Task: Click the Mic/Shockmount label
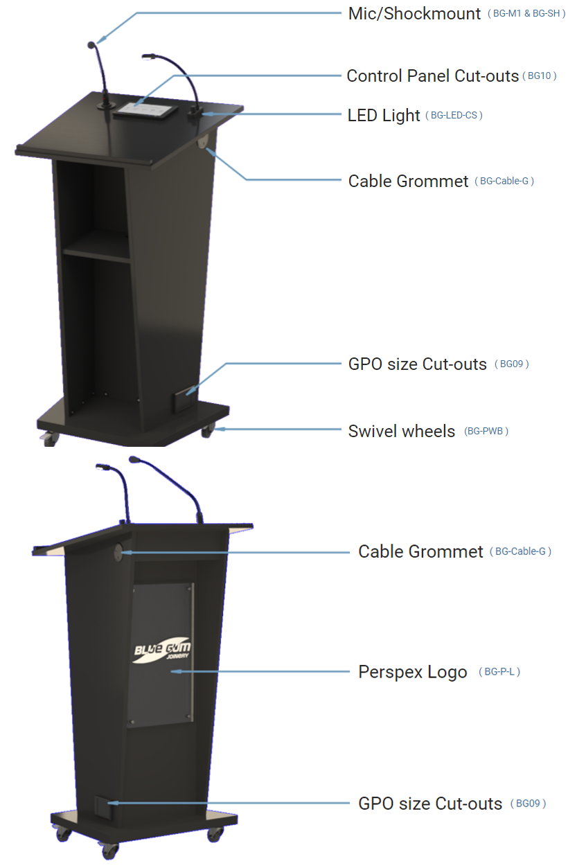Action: point(414,14)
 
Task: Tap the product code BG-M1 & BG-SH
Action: point(526,14)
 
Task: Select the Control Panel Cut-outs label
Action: point(432,76)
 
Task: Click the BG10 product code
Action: point(540,76)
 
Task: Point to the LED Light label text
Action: point(384,116)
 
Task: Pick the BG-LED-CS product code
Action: point(454,115)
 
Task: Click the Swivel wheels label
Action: point(401,432)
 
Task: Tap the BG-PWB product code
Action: point(486,431)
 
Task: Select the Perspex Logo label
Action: point(413,672)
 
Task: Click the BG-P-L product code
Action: point(499,671)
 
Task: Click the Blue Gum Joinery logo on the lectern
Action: point(162,650)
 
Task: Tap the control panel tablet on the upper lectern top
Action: point(145,110)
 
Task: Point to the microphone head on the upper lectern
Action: point(91,45)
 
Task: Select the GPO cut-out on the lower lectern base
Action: point(103,808)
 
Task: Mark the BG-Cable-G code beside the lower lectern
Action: point(520,551)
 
